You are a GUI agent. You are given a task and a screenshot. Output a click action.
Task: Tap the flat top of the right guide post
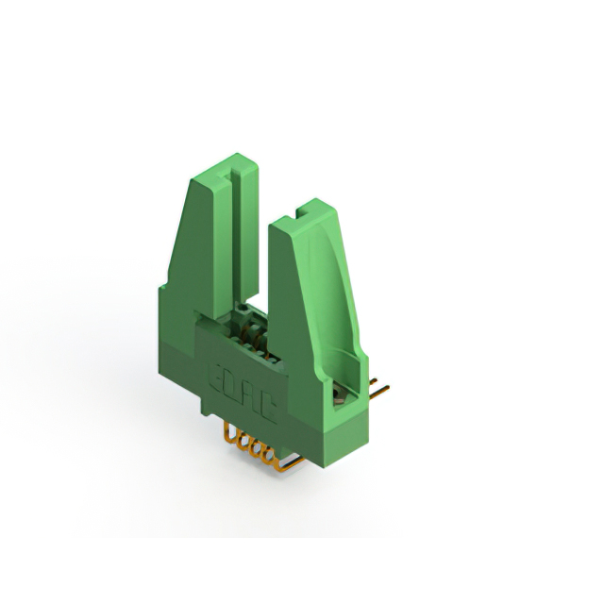pos(304,216)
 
